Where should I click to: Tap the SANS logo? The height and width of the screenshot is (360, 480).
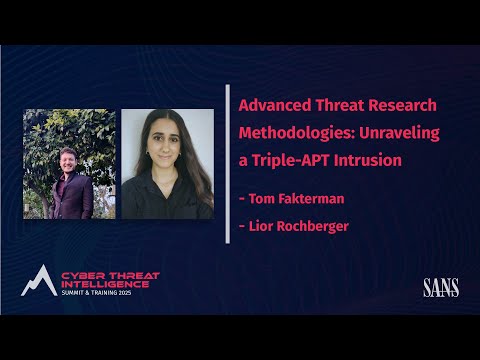(441, 289)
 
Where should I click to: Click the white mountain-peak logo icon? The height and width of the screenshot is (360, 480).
(40, 281)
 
